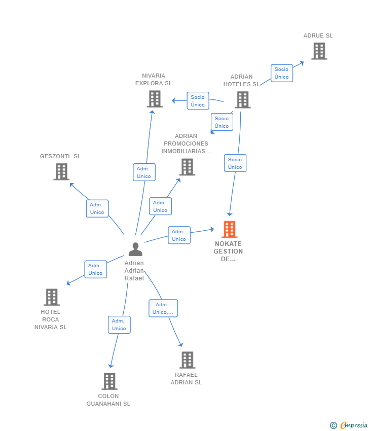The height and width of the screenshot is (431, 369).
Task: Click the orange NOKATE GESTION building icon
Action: (x=229, y=230)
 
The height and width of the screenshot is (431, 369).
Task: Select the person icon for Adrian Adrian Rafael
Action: (x=135, y=249)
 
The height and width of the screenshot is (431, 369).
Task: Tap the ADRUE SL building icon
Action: (x=319, y=51)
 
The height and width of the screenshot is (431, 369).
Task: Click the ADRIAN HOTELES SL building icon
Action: (x=242, y=100)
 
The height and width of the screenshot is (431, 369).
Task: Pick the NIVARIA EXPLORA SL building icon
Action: (x=155, y=99)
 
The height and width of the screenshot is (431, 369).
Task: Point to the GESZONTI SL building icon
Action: (x=61, y=172)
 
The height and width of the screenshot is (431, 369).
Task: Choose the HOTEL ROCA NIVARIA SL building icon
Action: (x=52, y=297)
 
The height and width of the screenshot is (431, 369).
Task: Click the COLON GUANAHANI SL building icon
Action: (x=109, y=381)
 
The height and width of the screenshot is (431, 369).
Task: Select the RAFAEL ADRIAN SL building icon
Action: (x=188, y=360)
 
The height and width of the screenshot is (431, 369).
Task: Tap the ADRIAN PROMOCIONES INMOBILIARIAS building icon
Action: (x=187, y=167)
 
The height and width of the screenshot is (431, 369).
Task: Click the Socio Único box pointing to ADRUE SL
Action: (x=282, y=73)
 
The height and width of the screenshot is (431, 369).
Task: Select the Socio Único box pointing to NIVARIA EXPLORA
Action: (x=198, y=101)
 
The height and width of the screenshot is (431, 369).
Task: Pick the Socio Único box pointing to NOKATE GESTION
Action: (x=235, y=163)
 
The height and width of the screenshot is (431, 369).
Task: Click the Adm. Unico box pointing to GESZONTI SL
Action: (x=97, y=208)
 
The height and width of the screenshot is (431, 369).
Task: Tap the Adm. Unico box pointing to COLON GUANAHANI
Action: (x=119, y=325)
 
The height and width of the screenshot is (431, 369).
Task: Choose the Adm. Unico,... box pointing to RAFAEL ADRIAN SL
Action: (x=163, y=308)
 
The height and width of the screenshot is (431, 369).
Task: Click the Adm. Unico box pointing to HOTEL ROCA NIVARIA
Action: (x=95, y=269)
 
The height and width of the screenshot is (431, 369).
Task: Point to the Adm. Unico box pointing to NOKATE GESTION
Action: (x=179, y=235)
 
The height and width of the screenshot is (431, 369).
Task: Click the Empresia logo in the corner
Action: (x=349, y=425)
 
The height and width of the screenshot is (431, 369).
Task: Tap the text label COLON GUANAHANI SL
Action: (x=108, y=400)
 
